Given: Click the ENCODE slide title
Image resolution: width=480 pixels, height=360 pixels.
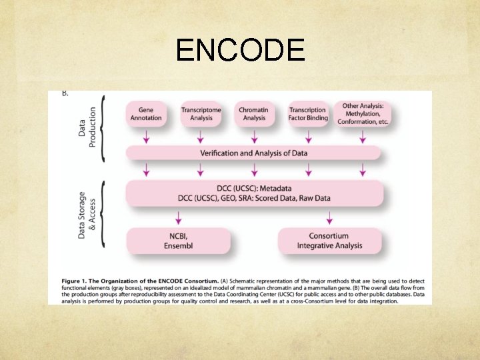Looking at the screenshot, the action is point(240,50).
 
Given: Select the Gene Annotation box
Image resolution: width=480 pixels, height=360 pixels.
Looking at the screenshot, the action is point(150,114).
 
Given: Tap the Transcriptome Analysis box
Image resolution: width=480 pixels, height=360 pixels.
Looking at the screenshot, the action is point(201,114).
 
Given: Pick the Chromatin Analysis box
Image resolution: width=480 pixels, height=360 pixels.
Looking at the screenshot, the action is point(254,114).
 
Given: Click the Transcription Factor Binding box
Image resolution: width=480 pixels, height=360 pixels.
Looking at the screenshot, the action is point(308,114).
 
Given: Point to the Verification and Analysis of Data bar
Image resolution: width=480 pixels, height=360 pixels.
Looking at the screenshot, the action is point(254,153).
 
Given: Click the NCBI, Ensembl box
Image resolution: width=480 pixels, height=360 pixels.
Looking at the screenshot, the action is point(178,241).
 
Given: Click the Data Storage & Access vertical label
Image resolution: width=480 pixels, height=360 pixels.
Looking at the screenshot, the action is point(87,215).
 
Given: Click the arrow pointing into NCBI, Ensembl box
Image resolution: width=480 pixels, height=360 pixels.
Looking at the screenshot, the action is point(178,217).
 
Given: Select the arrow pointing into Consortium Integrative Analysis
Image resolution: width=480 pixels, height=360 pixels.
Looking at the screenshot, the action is point(329,217).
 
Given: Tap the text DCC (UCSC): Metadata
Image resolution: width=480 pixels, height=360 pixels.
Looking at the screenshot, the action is point(254,188).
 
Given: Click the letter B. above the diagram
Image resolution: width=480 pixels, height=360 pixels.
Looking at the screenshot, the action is point(65,93).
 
